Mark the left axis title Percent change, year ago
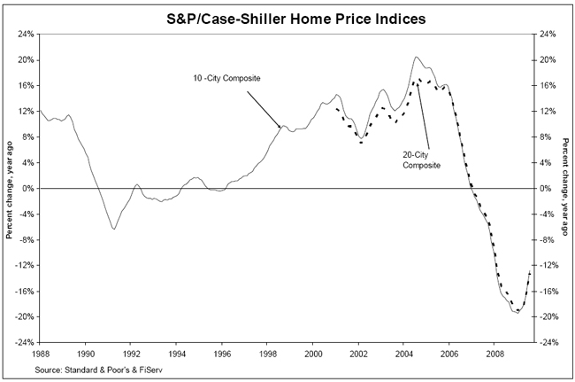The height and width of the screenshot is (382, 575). [x=9, y=188]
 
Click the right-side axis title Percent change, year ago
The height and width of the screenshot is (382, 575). [x=564, y=188]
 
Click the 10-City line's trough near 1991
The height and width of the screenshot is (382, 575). [x=113, y=230]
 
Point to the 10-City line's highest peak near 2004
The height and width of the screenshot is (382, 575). [x=416, y=57]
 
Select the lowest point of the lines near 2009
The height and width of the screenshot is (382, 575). [x=517, y=314]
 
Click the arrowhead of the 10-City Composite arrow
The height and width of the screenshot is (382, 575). [x=281, y=129]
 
